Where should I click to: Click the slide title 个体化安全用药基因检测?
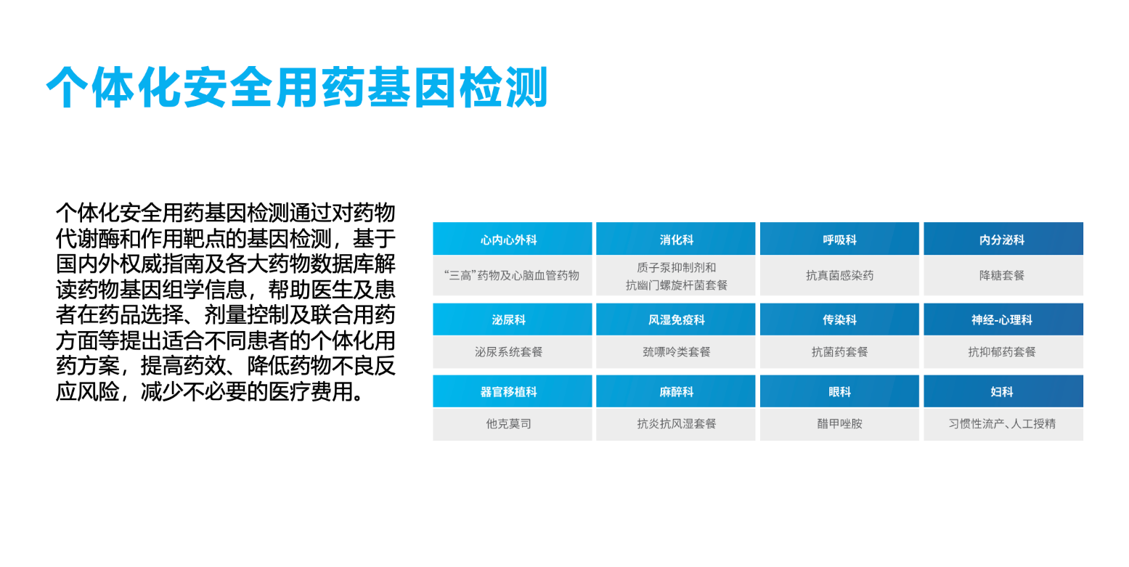(297, 87)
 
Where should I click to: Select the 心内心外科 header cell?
(512, 238)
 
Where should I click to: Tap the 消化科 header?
(675, 238)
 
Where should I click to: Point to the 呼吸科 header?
(839, 238)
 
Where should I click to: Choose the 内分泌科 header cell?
(1003, 238)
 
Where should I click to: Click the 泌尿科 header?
(512, 319)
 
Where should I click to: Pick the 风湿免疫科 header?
(675, 319)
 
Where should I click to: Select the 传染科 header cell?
(839, 319)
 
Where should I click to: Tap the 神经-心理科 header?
(1003, 319)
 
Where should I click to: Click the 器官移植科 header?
(512, 391)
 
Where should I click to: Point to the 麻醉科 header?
(675, 391)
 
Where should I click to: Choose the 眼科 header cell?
(839, 391)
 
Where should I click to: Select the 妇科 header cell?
(1003, 391)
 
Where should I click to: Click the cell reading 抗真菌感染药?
(839, 275)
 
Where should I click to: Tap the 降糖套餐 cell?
(1003, 275)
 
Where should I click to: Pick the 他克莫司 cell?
(512, 424)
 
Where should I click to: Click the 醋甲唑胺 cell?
(839, 424)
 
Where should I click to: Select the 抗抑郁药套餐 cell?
(1003, 352)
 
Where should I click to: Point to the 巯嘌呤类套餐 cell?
(675, 352)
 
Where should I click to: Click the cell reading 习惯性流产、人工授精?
(1003, 424)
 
